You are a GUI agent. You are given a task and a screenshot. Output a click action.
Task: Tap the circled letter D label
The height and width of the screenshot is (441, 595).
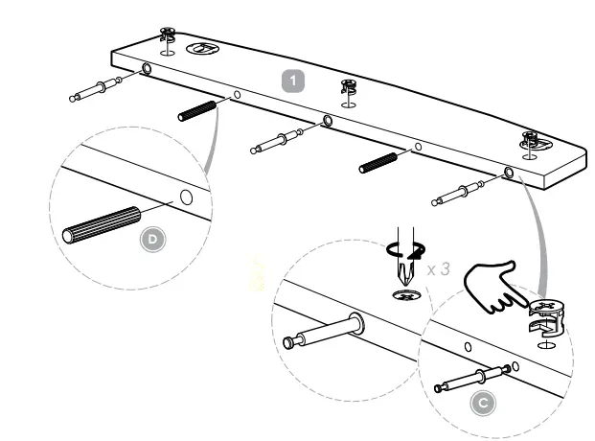point(152,240)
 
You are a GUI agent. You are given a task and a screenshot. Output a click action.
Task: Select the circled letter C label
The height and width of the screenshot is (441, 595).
point(484,402)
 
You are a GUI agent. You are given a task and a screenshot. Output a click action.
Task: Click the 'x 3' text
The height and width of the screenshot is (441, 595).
point(439,269)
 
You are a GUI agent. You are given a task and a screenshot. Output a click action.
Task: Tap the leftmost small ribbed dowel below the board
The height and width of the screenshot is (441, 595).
point(195,110)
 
